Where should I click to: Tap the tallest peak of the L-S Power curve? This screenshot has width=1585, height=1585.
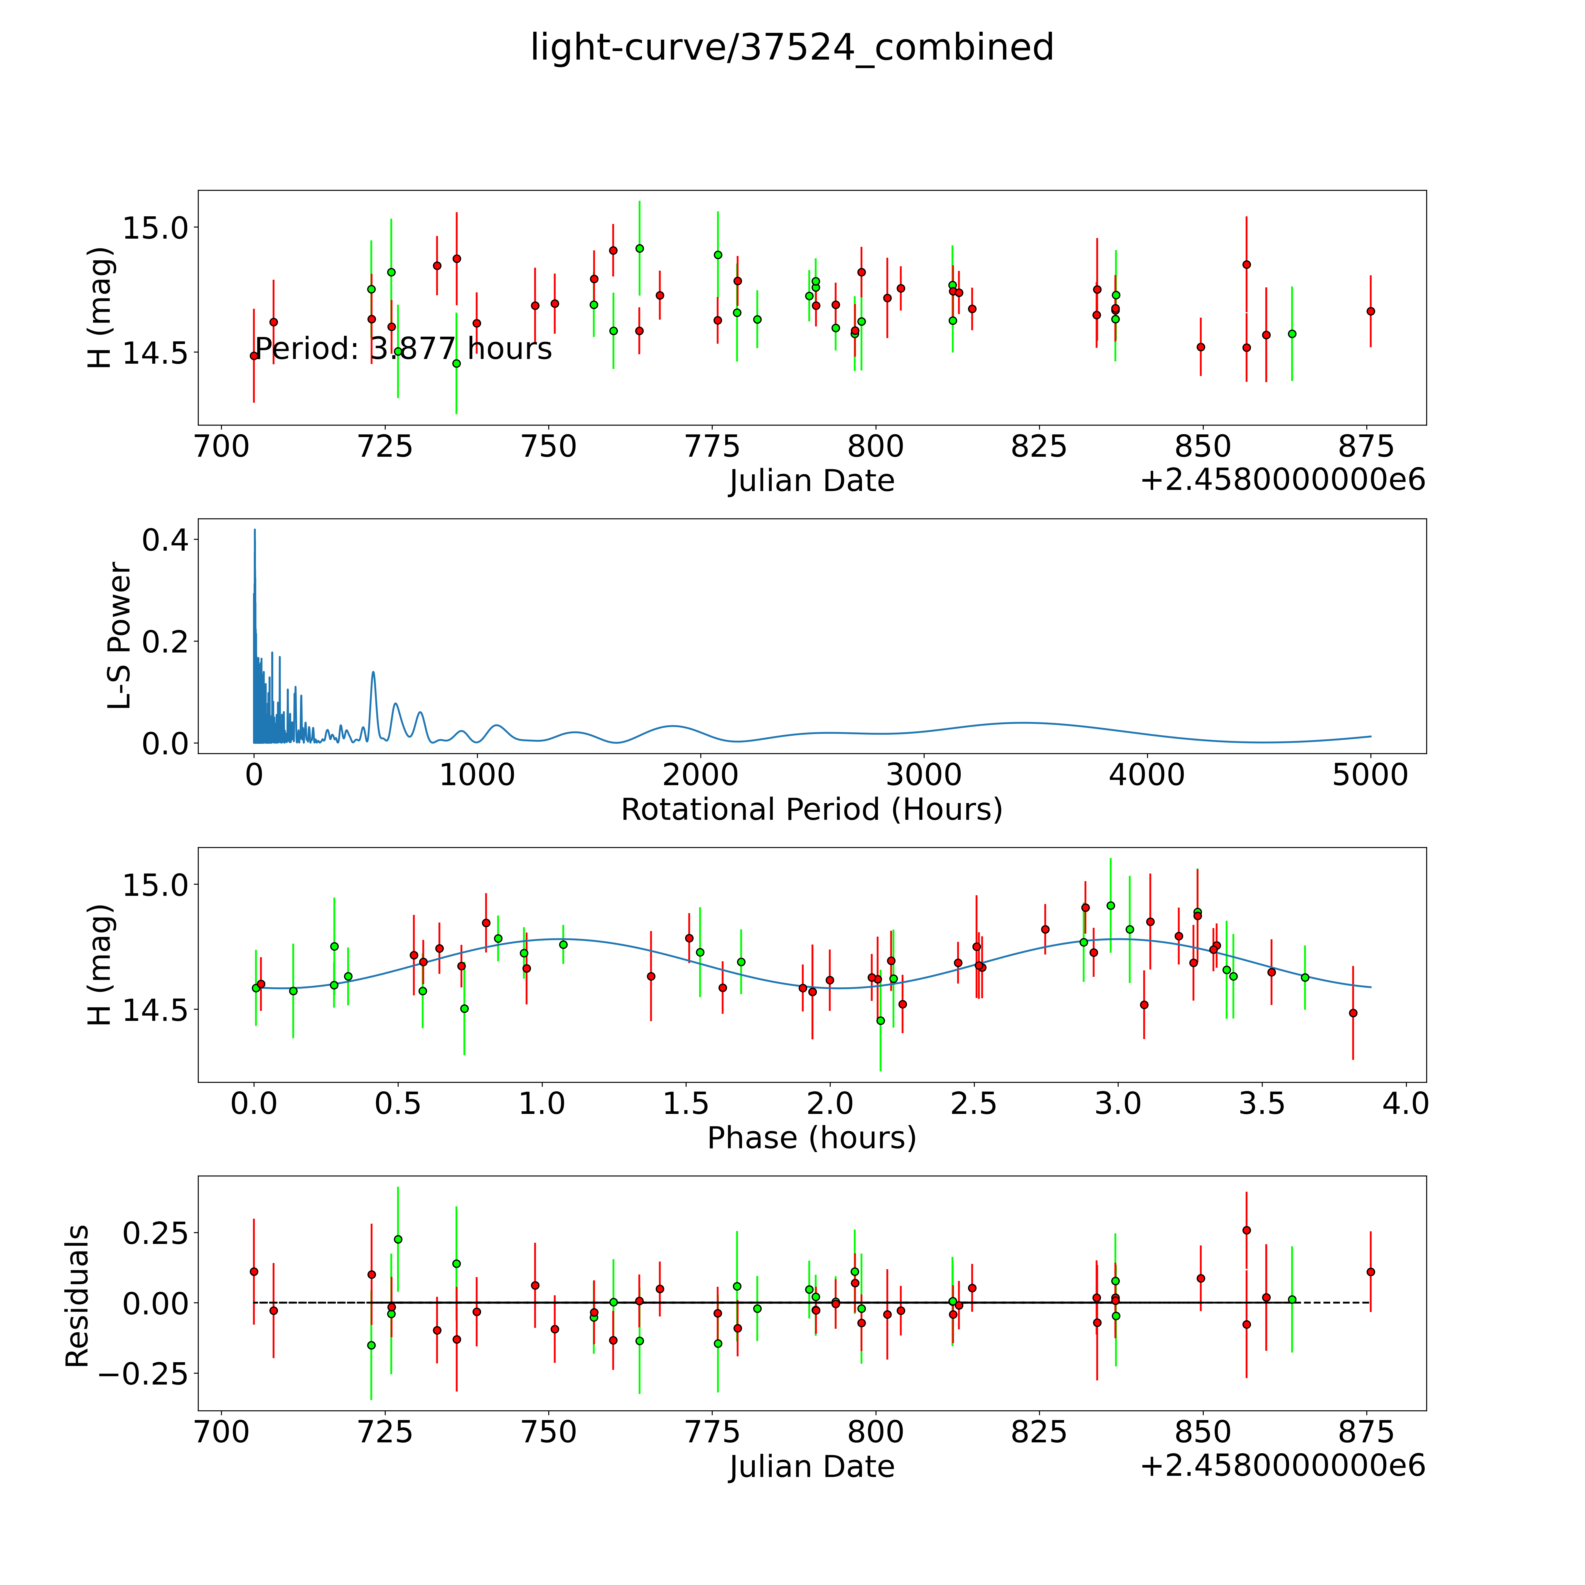pyautogui.click(x=254, y=530)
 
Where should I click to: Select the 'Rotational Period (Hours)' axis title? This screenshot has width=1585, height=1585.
pyautogui.click(x=811, y=810)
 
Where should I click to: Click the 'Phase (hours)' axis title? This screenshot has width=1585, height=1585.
pyautogui.click(x=811, y=1138)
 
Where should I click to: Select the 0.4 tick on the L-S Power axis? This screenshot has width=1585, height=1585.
pyautogui.click(x=164, y=540)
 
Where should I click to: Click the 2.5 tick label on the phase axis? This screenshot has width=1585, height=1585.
pyautogui.click(x=974, y=1104)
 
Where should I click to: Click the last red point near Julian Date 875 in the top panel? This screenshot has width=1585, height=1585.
pyautogui.click(x=1370, y=311)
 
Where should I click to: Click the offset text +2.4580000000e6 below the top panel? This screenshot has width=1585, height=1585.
pyautogui.click(x=1282, y=480)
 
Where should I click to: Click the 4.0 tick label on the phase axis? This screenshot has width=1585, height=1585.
pyautogui.click(x=1405, y=1104)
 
